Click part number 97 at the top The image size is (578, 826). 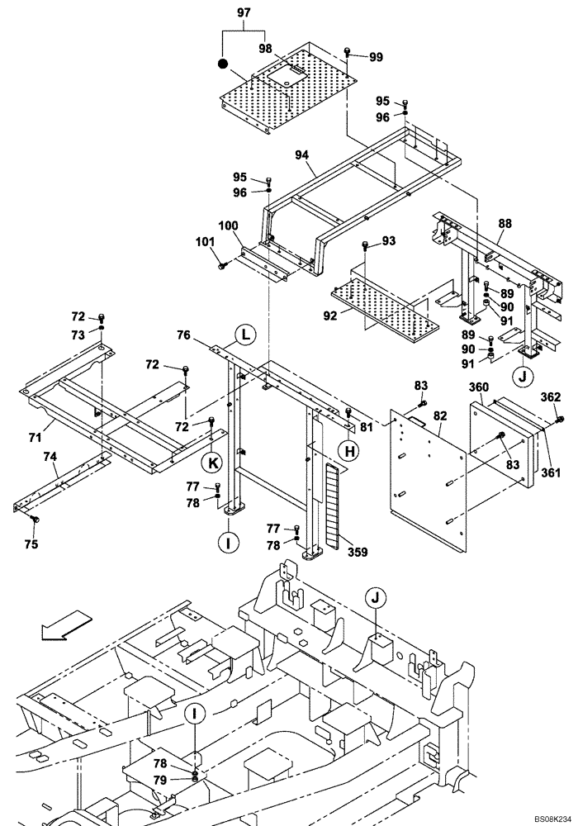click(244, 14)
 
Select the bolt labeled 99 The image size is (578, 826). click(349, 52)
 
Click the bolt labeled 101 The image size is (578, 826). click(223, 265)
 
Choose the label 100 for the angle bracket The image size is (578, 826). click(229, 225)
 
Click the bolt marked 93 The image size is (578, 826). click(365, 245)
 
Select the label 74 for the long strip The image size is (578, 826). click(50, 457)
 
